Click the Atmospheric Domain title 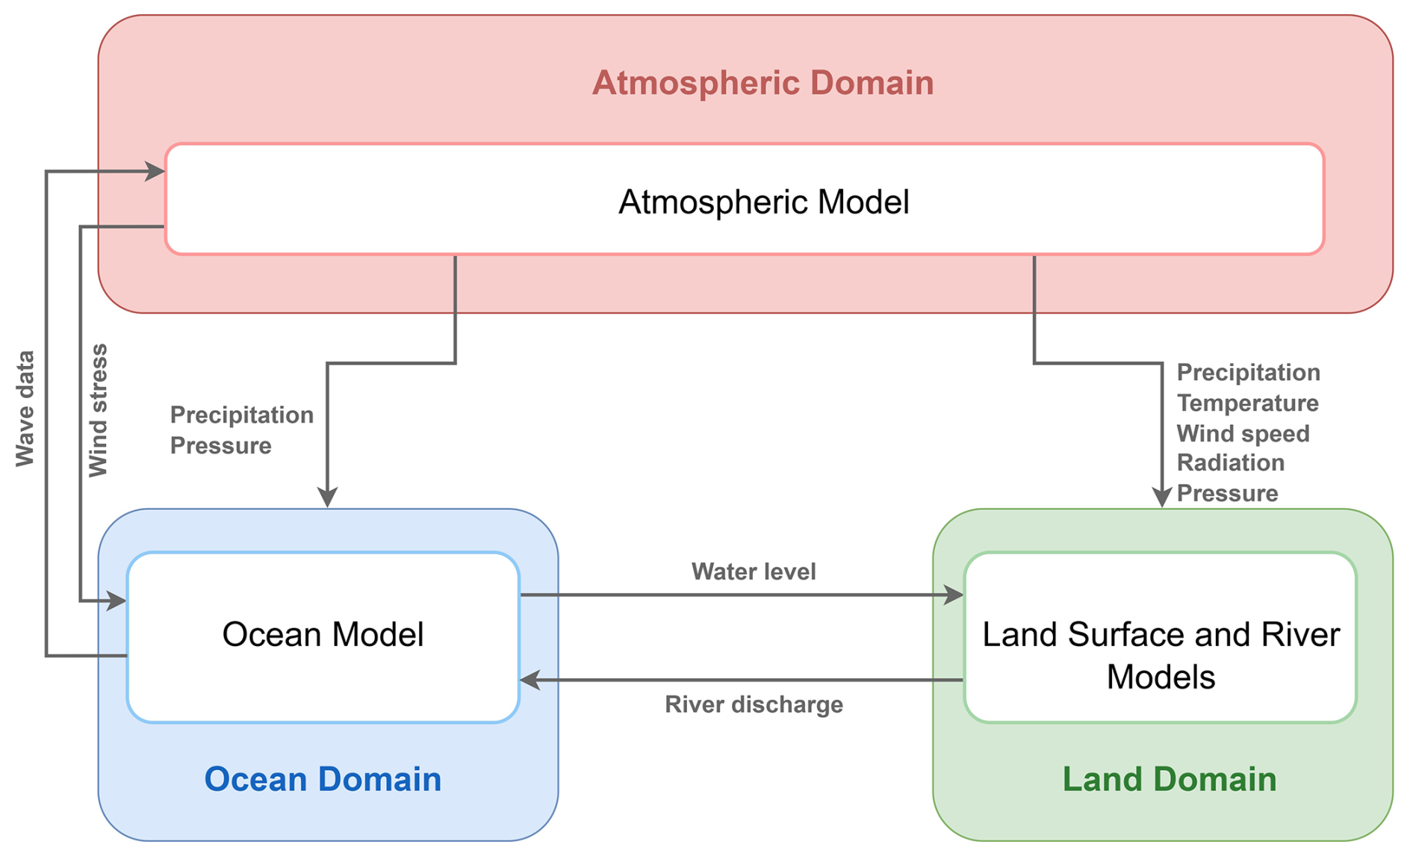coord(763,83)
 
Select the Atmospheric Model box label coord(763,202)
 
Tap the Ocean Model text coord(323,634)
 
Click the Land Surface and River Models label coord(1161,655)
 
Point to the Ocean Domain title coord(323,779)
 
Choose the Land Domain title coord(1169,779)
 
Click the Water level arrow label coord(753,571)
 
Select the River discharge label coord(754,704)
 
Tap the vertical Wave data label coord(25,409)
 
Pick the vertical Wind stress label coord(99,410)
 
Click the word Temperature coord(1247,403)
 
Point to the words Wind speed coord(1243,434)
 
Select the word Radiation coord(1230,463)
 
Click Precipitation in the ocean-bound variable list coord(241,415)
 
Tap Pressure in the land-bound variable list coord(1227,494)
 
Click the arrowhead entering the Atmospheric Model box coord(155,172)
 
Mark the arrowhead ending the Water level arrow coord(954,595)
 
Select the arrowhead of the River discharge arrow coord(530,680)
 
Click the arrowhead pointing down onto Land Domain coord(1161,497)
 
